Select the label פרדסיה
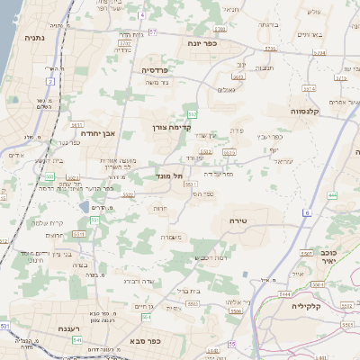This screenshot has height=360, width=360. click(x=156, y=68)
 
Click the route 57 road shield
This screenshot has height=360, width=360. click(x=154, y=32)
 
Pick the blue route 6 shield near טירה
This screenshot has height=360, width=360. click(x=305, y=212)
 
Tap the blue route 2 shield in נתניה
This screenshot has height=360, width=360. click(x=51, y=81)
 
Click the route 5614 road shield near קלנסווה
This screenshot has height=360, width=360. click(x=309, y=88)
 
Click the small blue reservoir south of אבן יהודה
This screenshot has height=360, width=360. click(x=84, y=207)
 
